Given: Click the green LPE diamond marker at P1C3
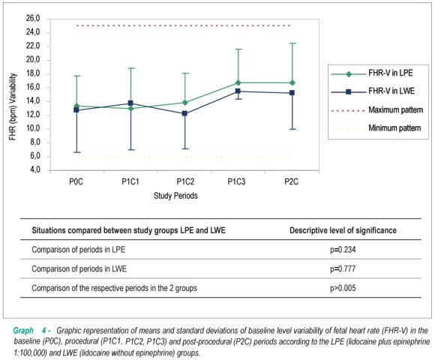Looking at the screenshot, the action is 238,82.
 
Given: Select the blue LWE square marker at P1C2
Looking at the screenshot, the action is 184,113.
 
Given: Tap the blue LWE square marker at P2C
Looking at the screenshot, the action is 292,93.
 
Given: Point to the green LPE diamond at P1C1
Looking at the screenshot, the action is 130,109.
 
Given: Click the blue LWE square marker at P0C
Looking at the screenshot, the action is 76,109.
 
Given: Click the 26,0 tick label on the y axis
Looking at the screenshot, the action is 33,19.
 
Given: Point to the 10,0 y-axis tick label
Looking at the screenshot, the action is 33,129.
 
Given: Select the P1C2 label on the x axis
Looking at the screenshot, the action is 185,181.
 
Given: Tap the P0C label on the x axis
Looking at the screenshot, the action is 76,181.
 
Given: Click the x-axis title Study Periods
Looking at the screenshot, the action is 175,196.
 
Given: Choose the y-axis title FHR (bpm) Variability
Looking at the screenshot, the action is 13,106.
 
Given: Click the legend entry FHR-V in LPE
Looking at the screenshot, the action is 372,73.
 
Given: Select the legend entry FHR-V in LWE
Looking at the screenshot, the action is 373,91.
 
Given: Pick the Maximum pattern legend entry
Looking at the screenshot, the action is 377,110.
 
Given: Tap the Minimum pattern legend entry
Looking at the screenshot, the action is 376,128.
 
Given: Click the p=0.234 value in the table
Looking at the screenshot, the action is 343,250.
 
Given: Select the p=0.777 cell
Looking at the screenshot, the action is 343,268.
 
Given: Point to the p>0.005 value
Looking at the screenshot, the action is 343,288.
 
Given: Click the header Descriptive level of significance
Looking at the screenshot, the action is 343,230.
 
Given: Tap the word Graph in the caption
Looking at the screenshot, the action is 23,331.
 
